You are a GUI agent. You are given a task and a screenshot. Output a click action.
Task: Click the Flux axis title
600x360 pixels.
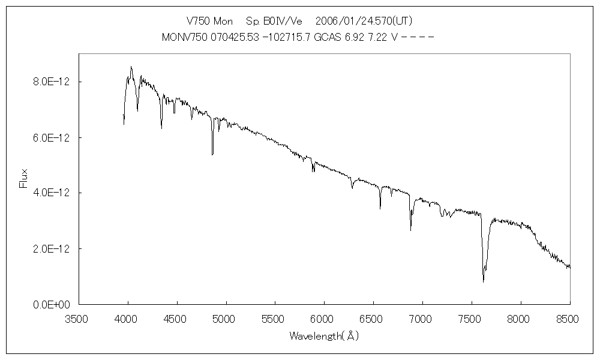click(x=23, y=178)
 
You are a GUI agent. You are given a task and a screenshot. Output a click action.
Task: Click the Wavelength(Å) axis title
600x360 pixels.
click(x=324, y=336)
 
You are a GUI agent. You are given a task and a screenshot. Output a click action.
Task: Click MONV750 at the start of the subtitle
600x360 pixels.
click(x=183, y=37)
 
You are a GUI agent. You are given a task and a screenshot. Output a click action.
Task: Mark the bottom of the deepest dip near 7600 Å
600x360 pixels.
click(x=483, y=281)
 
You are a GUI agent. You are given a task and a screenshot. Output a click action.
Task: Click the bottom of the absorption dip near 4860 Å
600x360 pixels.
click(x=212, y=155)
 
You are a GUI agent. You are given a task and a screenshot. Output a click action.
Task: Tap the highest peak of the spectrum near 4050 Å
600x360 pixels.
click(x=131, y=67)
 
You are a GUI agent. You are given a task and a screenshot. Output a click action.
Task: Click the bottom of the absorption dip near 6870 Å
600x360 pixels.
click(x=411, y=230)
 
